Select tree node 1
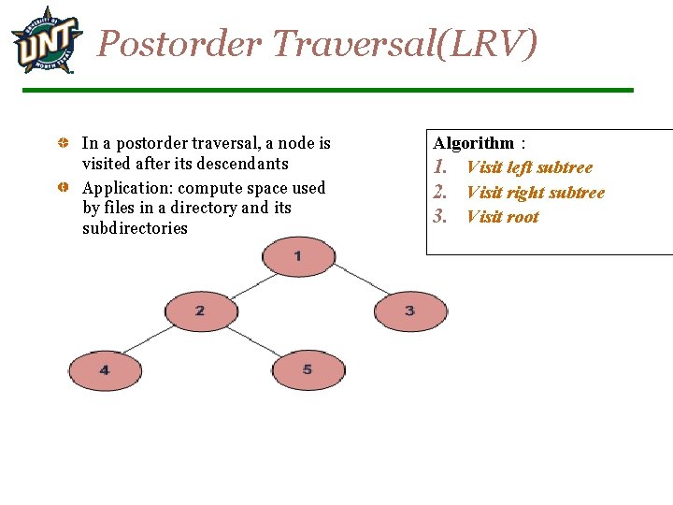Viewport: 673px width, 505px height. click(x=297, y=256)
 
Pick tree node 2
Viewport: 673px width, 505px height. click(x=200, y=310)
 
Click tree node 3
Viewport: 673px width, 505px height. click(x=410, y=310)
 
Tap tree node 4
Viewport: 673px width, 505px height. click(x=104, y=370)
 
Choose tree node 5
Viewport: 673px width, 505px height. click(x=308, y=370)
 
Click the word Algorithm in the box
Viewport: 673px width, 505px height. click(x=473, y=143)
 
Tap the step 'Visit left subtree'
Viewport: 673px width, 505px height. click(x=529, y=167)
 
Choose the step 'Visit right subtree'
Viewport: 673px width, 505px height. click(x=535, y=193)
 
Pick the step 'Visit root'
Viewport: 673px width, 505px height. click(x=502, y=217)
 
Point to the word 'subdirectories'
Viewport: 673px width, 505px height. click(x=135, y=228)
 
